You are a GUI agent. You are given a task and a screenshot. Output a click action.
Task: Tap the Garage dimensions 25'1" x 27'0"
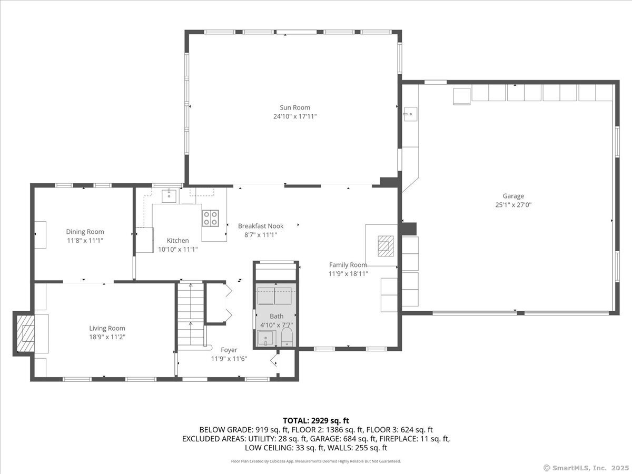tap(513, 205)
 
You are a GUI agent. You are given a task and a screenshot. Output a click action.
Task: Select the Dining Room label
tap(85, 231)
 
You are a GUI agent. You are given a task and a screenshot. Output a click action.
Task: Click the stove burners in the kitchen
tap(211, 218)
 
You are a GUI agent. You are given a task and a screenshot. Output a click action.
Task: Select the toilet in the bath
tap(287, 337)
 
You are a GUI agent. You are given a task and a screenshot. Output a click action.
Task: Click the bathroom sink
tap(265, 338)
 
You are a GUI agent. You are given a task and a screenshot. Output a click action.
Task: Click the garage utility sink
tap(410, 113)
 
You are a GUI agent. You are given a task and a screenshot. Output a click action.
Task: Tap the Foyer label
tap(229, 350)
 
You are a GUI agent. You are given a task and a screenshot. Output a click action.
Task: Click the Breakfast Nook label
tap(260, 226)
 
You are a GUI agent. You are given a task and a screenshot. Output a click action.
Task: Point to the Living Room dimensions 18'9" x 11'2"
tap(107, 337)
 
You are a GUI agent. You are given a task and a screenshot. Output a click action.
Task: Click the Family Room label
tap(348, 265)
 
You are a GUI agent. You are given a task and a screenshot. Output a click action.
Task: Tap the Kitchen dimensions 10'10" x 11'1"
tap(178, 249)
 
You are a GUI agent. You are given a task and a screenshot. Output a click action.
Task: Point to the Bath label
tap(276, 316)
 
